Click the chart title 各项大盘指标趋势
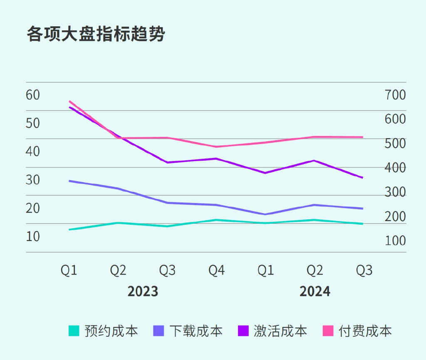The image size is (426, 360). [x=96, y=34]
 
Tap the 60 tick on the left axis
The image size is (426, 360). [x=33, y=95]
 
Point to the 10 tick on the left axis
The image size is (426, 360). [x=33, y=236]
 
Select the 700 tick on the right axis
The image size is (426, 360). [x=395, y=95]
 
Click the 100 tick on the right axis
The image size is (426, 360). [x=395, y=241]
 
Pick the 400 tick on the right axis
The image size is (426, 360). [x=395, y=168]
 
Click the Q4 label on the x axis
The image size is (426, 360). [x=216, y=271]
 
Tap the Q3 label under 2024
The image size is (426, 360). [x=364, y=271]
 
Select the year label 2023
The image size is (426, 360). [x=143, y=291]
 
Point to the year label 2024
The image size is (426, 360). [x=315, y=291]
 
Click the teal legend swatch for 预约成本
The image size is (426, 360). [x=74, y=331]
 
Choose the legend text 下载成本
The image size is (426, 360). [x=196, y=331]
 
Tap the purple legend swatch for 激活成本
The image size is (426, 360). [x=243, y=331]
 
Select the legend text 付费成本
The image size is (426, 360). [x=365, y=331]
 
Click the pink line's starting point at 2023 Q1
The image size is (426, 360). [x=69, y=101]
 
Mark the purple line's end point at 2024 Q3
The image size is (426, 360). [x=363, y=178]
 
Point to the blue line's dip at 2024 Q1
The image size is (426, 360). [x=265, y=214]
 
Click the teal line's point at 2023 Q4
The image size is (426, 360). [x=216, y=220]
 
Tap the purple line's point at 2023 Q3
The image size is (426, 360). [x=167, y=162]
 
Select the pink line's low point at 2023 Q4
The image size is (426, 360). [x=216, y=146]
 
